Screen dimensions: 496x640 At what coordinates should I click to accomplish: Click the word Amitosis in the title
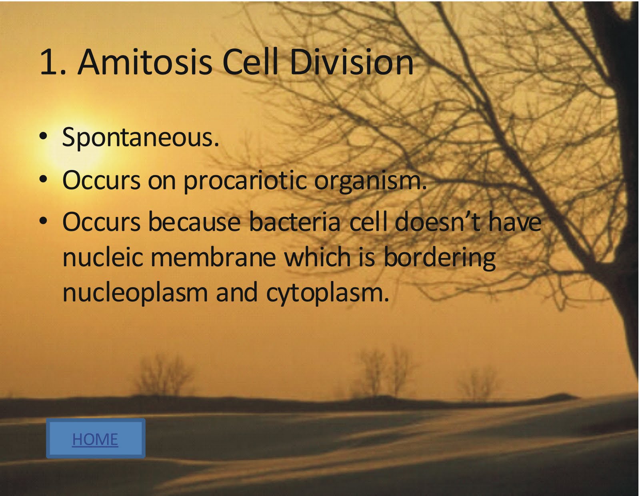coord(145,62)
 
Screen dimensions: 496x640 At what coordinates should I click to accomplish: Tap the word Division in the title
coord(351,62)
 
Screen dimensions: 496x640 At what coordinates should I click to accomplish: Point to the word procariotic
coord(245,181)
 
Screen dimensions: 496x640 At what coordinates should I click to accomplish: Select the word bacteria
coord(295,222)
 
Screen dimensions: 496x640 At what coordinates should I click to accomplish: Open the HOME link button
coord(95,439)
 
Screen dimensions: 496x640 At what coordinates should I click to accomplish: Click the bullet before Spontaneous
coord(44,136)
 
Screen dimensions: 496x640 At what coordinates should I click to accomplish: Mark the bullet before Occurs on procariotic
coord(44,179)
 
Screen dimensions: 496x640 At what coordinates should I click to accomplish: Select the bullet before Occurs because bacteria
coord(44,220)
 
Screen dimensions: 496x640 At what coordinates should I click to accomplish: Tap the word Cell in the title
coord(250,62)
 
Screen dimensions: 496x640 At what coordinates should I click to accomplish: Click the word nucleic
coord(103,257)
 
